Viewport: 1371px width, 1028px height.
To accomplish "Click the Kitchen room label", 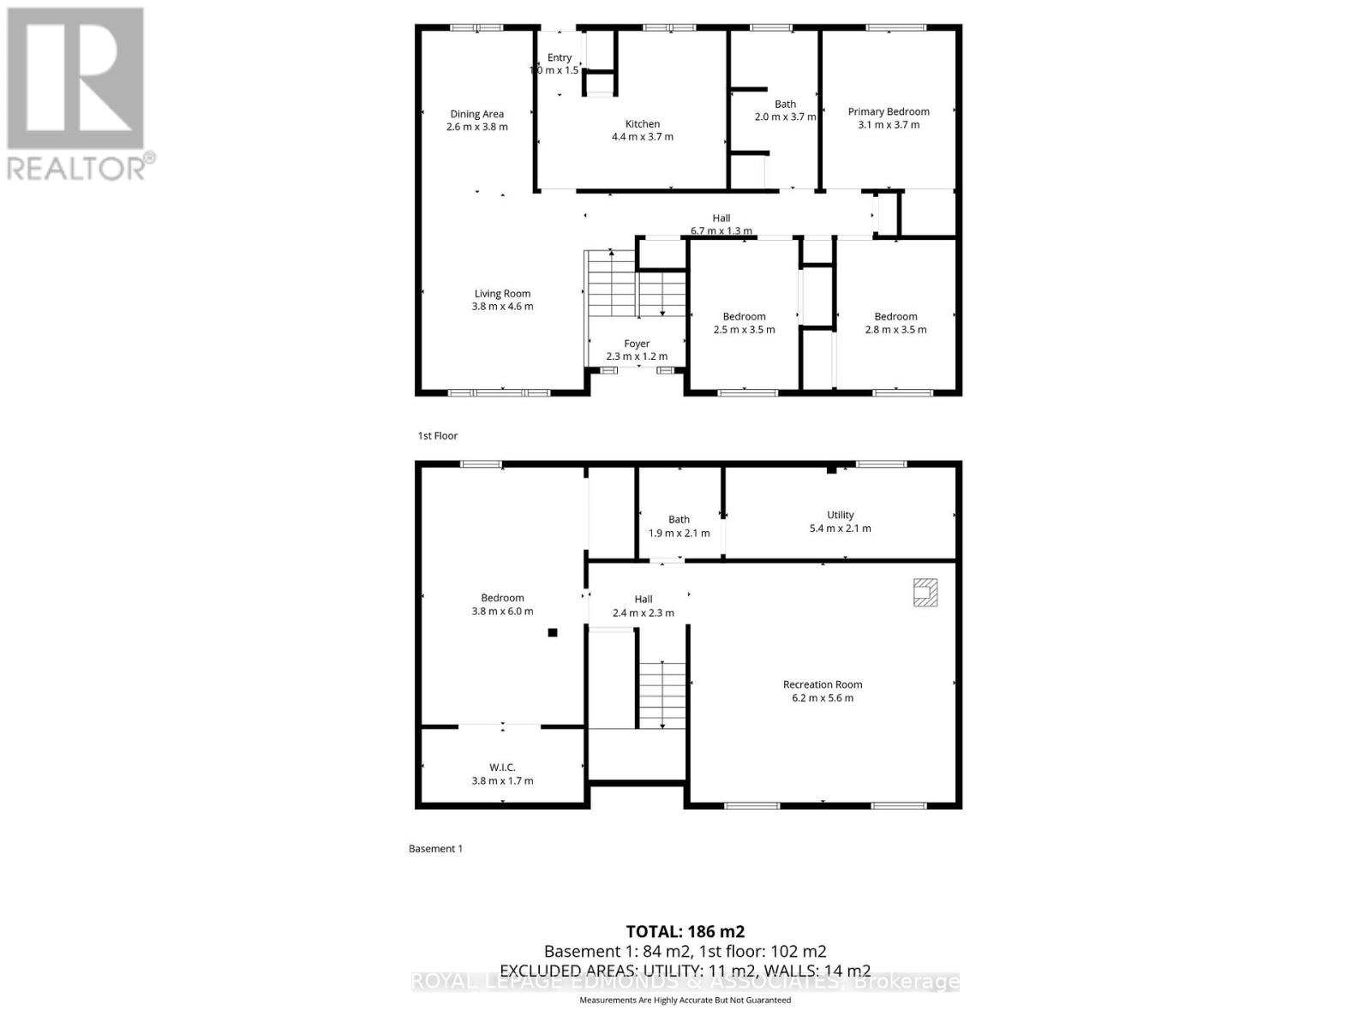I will click(x=642, y=124).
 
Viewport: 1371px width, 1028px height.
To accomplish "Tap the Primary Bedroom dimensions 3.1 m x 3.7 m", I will click(x=889, y=125).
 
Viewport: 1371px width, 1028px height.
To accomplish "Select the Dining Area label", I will click(x=476, y=114).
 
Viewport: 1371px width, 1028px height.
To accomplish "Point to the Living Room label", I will click(x=502, y=294).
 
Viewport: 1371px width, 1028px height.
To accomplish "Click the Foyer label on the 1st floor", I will click(x=637, y=344).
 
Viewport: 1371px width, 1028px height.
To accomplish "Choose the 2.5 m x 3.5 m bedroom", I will click(x=744, y=323).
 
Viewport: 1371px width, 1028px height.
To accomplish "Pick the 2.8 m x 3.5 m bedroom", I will click(x=895, y=323).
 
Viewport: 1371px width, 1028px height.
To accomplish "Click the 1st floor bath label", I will click(x=785, y=105).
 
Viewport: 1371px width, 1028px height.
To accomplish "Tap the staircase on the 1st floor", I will click(x=635, y=284).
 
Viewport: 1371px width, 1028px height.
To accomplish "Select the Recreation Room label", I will click(x=823, y=684).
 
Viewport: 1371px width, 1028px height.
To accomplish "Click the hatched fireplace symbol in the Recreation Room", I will click(x=925, y=593).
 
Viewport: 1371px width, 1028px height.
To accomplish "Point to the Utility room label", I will click(x=840, y=515).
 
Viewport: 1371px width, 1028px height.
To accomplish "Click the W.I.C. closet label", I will click(x=502, y=768).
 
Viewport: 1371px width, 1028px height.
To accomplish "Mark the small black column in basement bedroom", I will click(x=553, y=633).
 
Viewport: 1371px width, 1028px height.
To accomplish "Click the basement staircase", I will click(x=662, y=694).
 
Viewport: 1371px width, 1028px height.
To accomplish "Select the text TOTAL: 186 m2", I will click(x=685, y=931).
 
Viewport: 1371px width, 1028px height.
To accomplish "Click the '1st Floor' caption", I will click(x=438, y=436).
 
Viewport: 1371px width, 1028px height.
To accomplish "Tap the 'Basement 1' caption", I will click(x=435, y=849).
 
